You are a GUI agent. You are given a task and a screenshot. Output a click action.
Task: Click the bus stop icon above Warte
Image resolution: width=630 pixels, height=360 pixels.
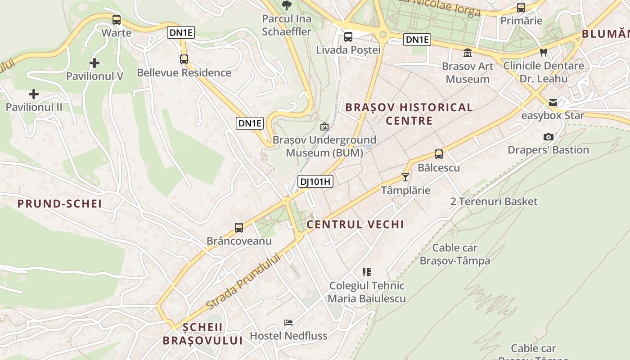tap(117, 20)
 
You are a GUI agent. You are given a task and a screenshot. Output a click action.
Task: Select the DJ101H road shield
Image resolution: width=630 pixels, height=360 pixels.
tap(315, 182)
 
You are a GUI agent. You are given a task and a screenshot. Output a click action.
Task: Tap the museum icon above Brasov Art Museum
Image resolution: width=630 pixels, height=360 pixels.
tap(468, 53)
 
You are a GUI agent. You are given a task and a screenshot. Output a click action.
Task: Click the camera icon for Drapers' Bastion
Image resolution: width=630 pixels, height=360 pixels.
tap(548, 137)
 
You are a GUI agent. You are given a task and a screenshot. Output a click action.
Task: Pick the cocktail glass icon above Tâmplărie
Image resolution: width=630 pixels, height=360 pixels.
tap(405, 177)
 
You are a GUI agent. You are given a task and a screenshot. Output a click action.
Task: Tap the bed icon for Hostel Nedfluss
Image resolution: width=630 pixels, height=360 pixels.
tap(288, 323)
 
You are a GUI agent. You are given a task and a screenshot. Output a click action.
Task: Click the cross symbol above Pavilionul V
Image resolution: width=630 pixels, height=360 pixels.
tap(94, 63)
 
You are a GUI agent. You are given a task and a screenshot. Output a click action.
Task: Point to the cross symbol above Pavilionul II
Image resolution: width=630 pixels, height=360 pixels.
tap(34, 94)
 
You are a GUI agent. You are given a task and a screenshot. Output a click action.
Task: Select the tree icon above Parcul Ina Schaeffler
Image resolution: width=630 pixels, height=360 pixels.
tap(287, 5)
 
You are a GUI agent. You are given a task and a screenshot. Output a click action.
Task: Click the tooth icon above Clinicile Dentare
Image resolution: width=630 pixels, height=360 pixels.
tap(544, 53)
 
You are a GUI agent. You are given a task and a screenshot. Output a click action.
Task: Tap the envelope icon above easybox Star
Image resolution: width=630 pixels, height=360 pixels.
tap(553, 103)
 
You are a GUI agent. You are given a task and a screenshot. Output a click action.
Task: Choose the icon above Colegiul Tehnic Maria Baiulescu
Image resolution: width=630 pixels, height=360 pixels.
tap(367, 272)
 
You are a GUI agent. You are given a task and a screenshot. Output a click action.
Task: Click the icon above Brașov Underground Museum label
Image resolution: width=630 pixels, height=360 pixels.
tap(324, 127)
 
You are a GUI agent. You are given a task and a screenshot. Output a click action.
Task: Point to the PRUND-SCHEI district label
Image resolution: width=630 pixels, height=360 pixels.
tap(60, 204)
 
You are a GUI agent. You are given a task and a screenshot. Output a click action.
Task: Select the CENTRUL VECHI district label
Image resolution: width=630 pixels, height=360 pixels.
tap(355, 225)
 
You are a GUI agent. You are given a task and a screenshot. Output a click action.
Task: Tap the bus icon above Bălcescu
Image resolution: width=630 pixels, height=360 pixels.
tap(439, 154)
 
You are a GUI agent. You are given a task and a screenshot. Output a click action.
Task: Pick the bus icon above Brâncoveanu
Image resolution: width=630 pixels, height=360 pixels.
tap(239, 228)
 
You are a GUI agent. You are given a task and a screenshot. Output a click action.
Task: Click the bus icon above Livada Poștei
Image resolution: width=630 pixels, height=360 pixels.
tap(348, 37)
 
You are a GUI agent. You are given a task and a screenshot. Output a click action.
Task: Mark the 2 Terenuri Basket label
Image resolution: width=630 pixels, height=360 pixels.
tap(494, 202)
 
